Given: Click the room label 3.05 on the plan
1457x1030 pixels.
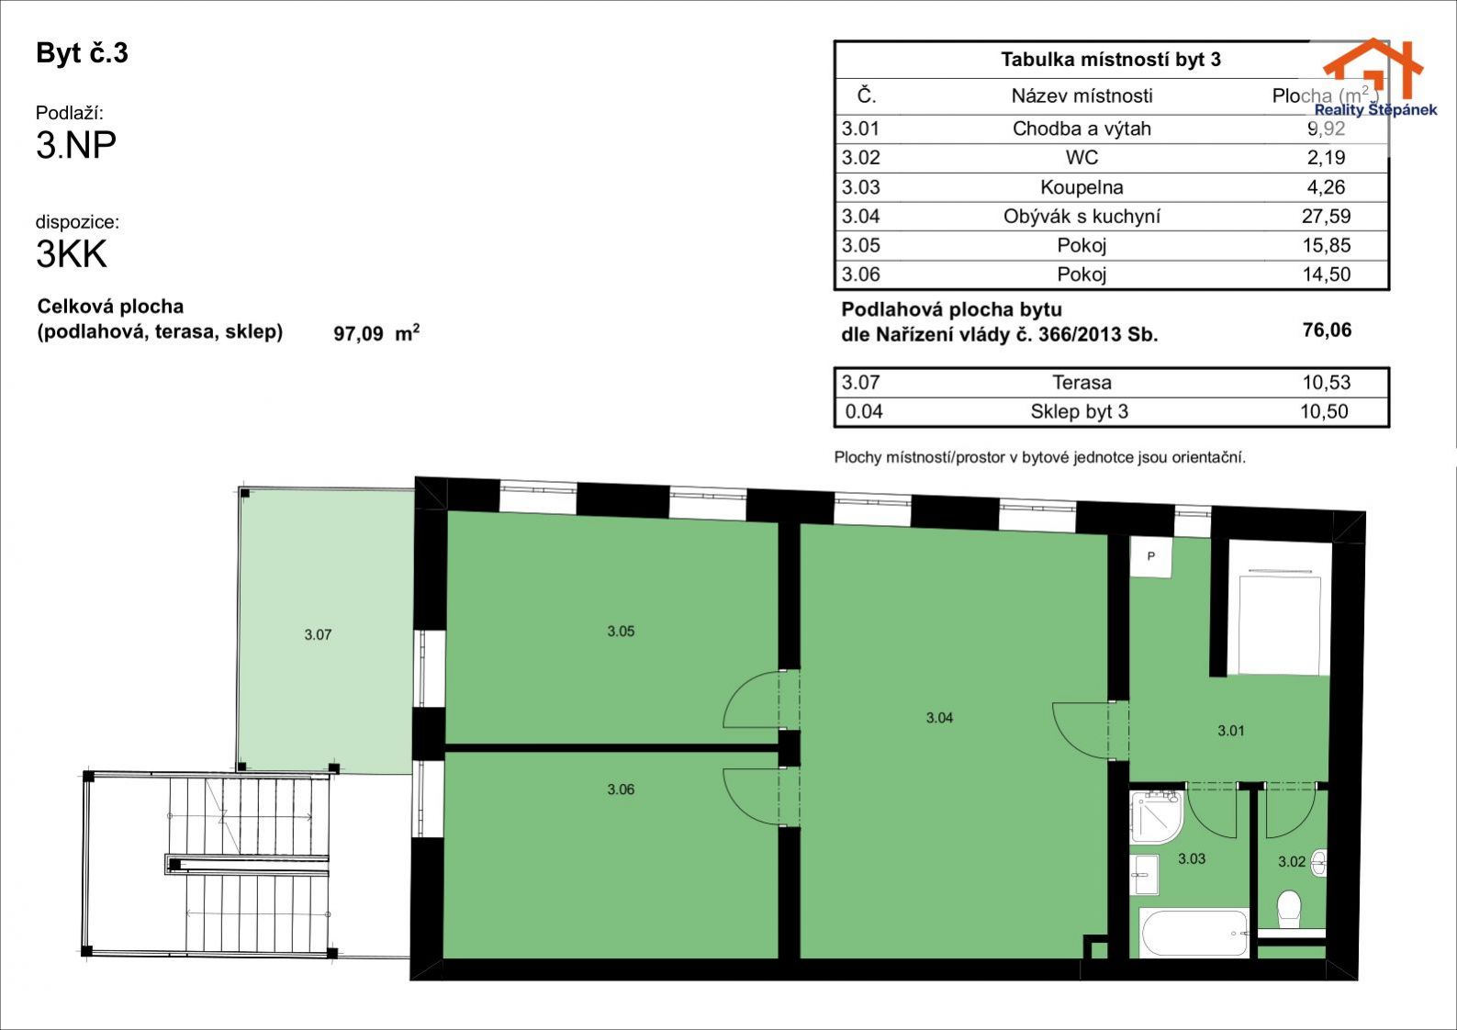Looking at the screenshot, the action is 621,631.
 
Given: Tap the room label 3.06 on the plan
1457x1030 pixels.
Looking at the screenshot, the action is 621,789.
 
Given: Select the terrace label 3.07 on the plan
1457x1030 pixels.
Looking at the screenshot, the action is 318,634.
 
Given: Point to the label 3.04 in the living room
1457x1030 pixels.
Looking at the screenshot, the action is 939,717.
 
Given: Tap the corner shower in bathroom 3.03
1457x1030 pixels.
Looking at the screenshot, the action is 1157,817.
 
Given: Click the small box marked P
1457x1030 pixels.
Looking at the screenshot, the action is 1150,556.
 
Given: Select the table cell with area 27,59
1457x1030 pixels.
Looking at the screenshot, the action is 1326,216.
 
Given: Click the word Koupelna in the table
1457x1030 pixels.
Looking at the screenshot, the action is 1082,187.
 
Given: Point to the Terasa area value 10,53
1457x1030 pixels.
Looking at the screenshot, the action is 1327,382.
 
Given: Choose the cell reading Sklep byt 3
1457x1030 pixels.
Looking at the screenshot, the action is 1079,411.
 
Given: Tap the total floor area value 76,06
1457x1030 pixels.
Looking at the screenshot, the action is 1327,330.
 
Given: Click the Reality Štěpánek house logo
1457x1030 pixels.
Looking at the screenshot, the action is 1373,77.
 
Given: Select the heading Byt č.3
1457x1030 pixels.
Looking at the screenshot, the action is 82,53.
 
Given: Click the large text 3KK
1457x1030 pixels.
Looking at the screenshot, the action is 71,253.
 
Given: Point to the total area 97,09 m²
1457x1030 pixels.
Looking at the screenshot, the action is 376,333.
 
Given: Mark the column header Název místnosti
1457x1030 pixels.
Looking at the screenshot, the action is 1082,96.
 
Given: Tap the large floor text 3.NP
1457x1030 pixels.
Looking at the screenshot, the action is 76,145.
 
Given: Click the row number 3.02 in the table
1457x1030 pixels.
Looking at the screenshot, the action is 860,157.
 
